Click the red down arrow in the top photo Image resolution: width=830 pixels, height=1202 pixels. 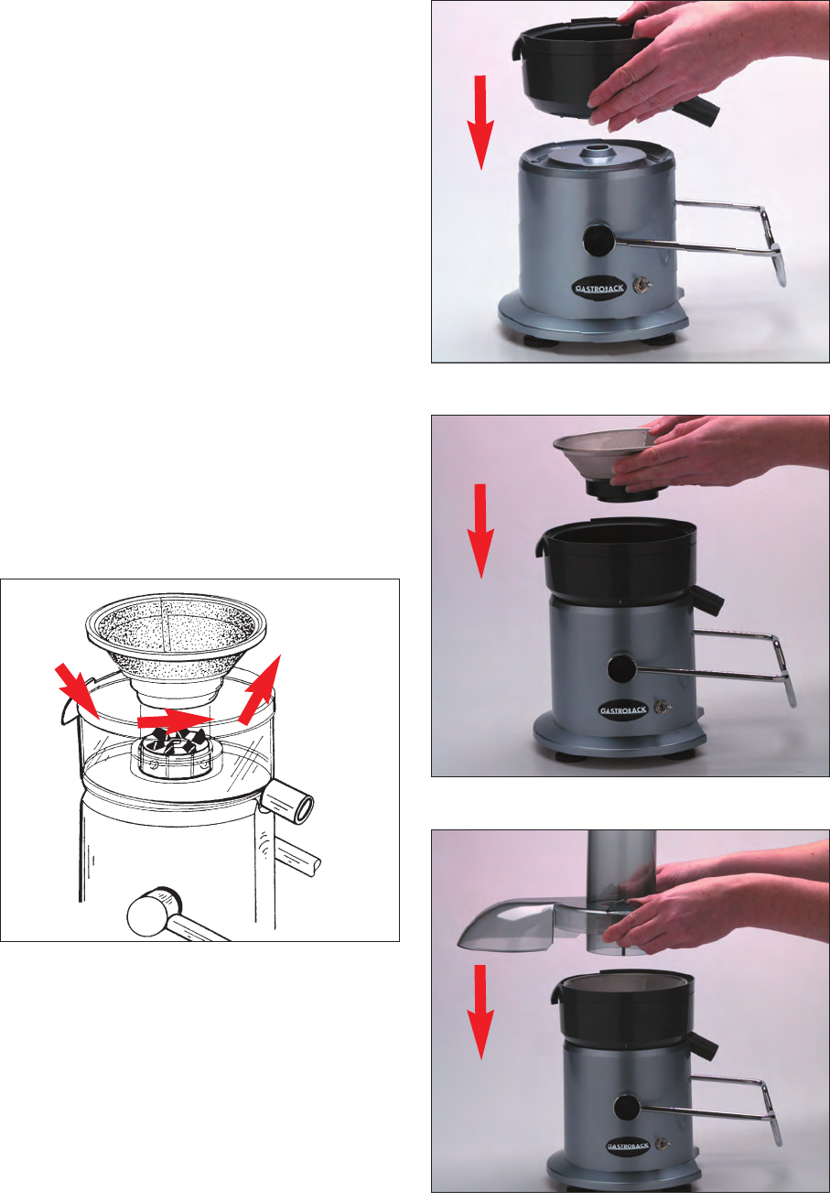pyautogui.click(x=480, y=123)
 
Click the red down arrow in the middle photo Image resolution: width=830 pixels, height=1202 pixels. pyautogui.click(x=480, y=531)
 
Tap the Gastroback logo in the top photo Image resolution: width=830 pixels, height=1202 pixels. pyautogui.click(x=599, y=287)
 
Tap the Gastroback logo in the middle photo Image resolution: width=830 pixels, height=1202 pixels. pyautogui.click(x=623, y=709)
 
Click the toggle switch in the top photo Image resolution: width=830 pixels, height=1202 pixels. pyautogui.click(x=641, y=284)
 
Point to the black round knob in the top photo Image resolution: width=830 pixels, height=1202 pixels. pyautogui.click(x=599, y=240)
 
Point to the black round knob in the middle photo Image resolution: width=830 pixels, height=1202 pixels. pyautogui.click(x=622, y=668)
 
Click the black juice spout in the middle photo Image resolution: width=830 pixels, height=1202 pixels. pyautogui.click(x=706, y=600)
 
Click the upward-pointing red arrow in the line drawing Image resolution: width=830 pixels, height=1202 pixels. pyautogui.click(x=260, y=689)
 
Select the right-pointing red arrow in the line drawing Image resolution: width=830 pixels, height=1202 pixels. pyautogui.click(x=176, y=720)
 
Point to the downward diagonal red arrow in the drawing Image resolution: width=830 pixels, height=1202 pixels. pyautogui.click(x=79, y=690)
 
